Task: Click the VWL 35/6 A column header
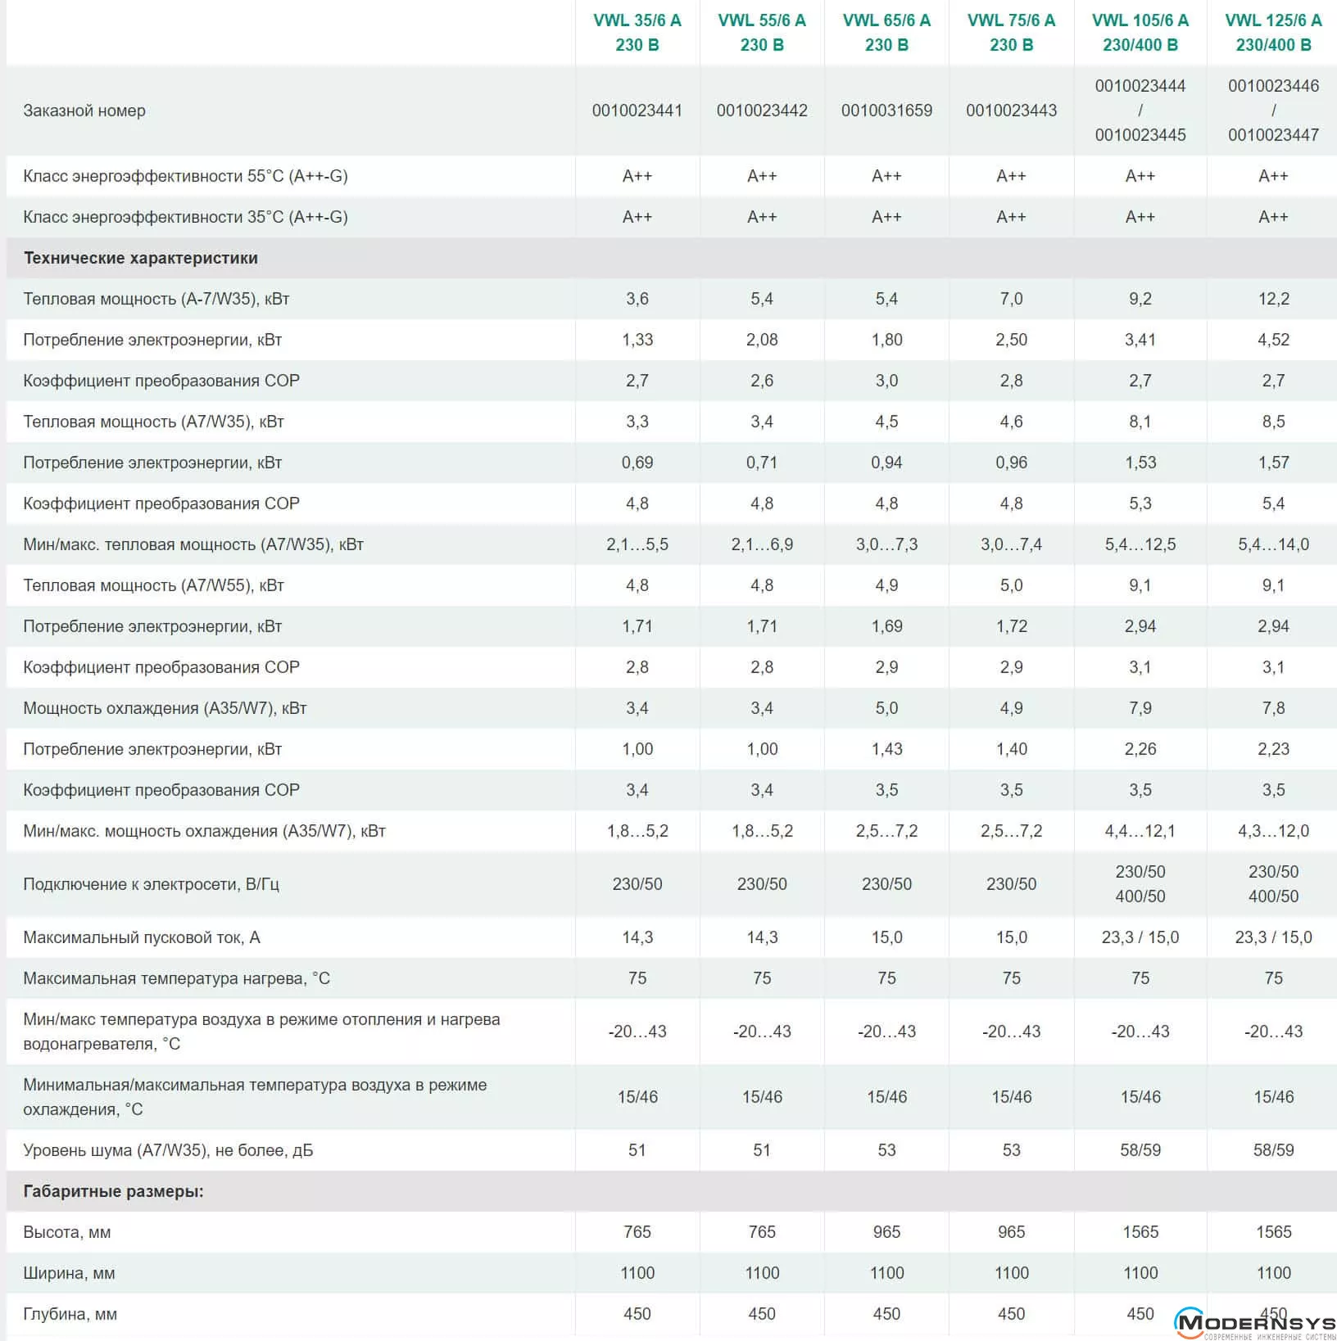click(x=637, y=33)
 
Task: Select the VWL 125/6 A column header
click(x=1273, y=33)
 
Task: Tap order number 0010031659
click(x=886, y=111)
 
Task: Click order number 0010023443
click(x=1011, y=111)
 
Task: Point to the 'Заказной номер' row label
click(x=84, y=111)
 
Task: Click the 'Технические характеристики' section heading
click(x=140, y=258)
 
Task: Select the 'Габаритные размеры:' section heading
click(x=113, y=1191)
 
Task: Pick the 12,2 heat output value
click(x=1273, y=299)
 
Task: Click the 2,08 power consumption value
click(x=762, y=340)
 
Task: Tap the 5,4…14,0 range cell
click(x=1273, y=544)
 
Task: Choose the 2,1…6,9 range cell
click(x=762, y=544)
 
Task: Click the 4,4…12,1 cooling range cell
click(x=1140, y=831)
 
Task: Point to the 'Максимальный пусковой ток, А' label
click(x=142, y=937)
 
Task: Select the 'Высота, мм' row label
click(x=67, y=1232)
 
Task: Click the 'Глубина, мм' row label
click(x=70, y=1314)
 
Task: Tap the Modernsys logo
click(x=1253, y=1322)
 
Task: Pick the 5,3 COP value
click(x=1140, y=503)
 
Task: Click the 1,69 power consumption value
click(x=886, y=626)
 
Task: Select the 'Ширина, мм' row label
click(x=70, y=1273)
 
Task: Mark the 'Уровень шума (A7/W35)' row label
click(x=168, y=1150)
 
